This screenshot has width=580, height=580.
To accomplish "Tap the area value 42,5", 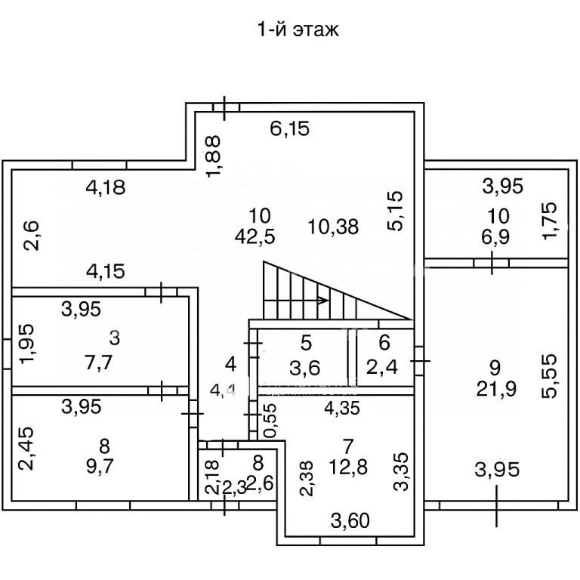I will point(255,235).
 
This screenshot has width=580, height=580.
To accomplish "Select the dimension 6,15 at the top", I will point(290,129).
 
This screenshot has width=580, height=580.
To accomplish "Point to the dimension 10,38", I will point(334,224).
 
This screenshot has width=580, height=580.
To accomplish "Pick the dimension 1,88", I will point(214,156).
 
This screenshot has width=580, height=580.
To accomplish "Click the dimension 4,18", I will point(104,187).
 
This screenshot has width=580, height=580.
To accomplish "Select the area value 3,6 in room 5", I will point(306,369).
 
